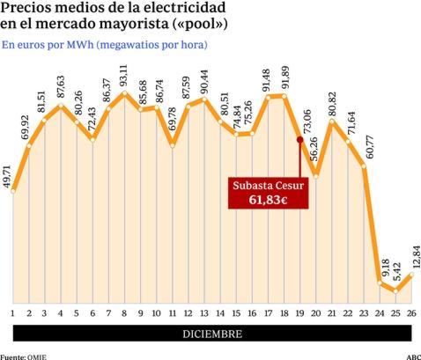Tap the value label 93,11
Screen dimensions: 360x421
pos(124,76)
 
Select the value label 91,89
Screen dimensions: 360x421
pos(284,78)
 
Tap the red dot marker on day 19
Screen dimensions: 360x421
pos(299,139)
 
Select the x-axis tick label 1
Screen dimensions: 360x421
pos(13,312)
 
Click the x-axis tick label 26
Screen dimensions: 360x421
pos(411,312)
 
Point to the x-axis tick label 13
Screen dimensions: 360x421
pos(203,312)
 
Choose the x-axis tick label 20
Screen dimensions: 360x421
pos(315,312)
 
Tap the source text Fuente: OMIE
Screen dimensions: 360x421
pos(26,356)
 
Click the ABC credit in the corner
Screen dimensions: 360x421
pos(411,356)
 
